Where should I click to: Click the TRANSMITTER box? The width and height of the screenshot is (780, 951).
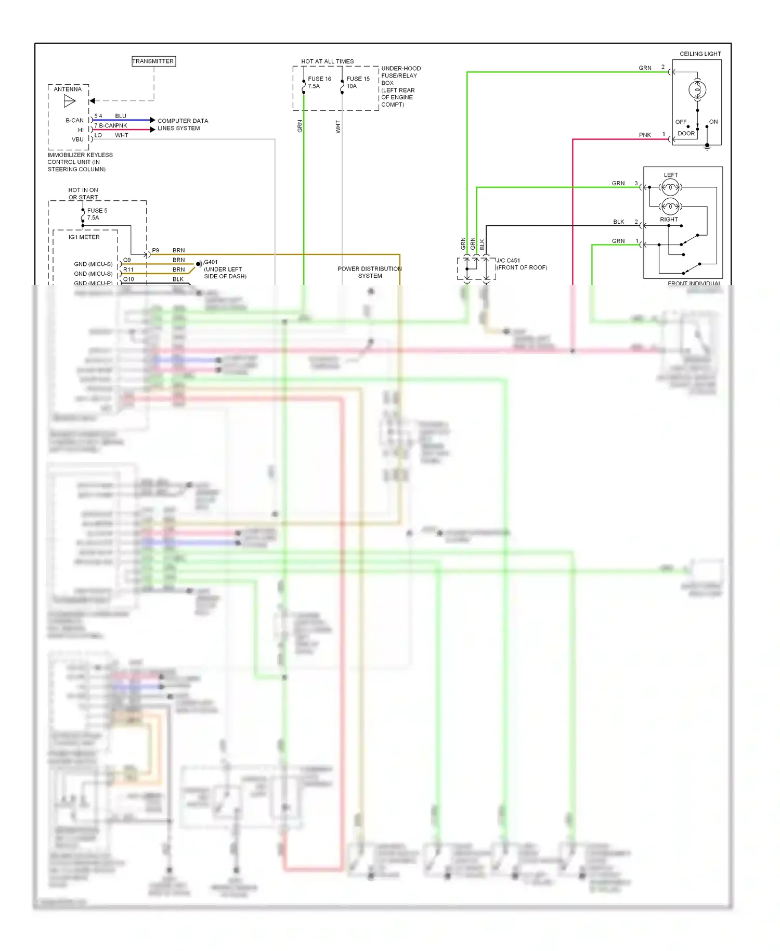(153, 61)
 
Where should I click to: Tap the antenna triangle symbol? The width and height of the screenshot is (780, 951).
(70, 101)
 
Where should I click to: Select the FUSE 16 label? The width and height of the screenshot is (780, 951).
(319, 79)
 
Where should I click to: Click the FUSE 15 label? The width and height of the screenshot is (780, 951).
(358, 79)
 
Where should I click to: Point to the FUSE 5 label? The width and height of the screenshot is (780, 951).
(97, 211)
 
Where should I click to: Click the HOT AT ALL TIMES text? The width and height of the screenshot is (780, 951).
(327, 61)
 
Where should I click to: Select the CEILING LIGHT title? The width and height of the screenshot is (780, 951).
(700, 54)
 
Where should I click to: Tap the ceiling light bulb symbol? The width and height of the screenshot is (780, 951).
(697, 90)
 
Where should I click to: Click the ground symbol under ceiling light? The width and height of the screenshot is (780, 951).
(707, 148)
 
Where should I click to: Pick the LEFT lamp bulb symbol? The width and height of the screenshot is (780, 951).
(670, 187)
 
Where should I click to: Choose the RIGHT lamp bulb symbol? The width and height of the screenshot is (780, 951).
(670, 207)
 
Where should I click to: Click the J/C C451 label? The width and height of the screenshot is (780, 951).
(508, 261)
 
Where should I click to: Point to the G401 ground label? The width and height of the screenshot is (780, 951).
(211, 262)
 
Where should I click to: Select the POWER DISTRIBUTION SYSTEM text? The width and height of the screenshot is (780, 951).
(370, 272)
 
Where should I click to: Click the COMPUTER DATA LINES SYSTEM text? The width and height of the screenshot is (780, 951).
(183, 124)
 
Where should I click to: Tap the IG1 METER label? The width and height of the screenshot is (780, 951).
(84, 237)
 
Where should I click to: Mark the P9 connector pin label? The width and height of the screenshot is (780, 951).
(155, 251)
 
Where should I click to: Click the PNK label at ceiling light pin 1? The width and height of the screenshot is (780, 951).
(645, 135)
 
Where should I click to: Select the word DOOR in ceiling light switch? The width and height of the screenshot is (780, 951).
(686, 134)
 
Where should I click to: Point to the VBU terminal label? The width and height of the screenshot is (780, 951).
(77, 139)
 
